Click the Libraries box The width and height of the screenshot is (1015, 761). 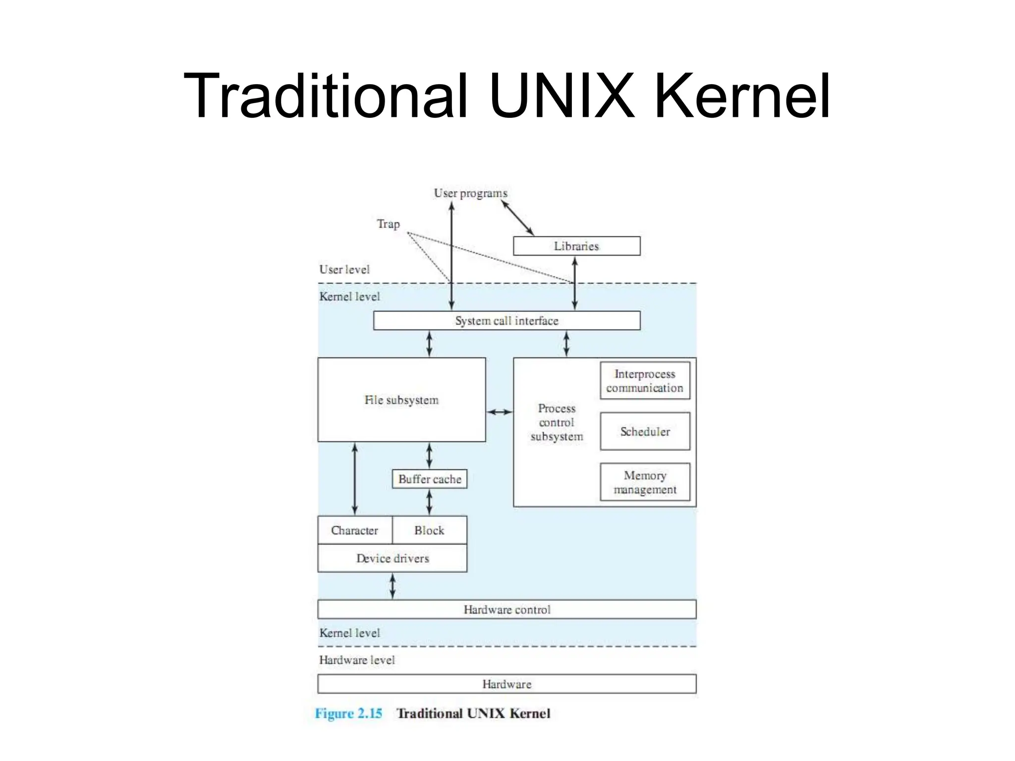576,246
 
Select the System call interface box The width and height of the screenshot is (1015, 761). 507,321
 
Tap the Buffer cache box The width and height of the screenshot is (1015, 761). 429,479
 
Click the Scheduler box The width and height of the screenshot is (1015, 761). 645,432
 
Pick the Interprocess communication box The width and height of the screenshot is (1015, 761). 645,380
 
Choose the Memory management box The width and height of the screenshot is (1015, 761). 645,482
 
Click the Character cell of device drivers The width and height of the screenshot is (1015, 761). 354,530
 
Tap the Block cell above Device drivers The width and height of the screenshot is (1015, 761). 429,530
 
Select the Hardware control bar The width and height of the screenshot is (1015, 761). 507,609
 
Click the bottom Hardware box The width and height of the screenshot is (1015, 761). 507,684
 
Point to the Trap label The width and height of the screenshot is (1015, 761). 388,224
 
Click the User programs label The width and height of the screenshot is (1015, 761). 470,193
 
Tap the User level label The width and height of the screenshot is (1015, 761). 344,270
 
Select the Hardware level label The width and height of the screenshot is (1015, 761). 357,660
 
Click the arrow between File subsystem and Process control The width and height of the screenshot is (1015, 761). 500,412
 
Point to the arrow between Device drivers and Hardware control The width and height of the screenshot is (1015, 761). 393,586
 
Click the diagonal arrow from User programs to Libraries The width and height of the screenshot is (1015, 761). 518,217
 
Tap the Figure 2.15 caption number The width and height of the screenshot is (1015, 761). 348,713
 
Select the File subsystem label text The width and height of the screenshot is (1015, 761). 401,400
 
